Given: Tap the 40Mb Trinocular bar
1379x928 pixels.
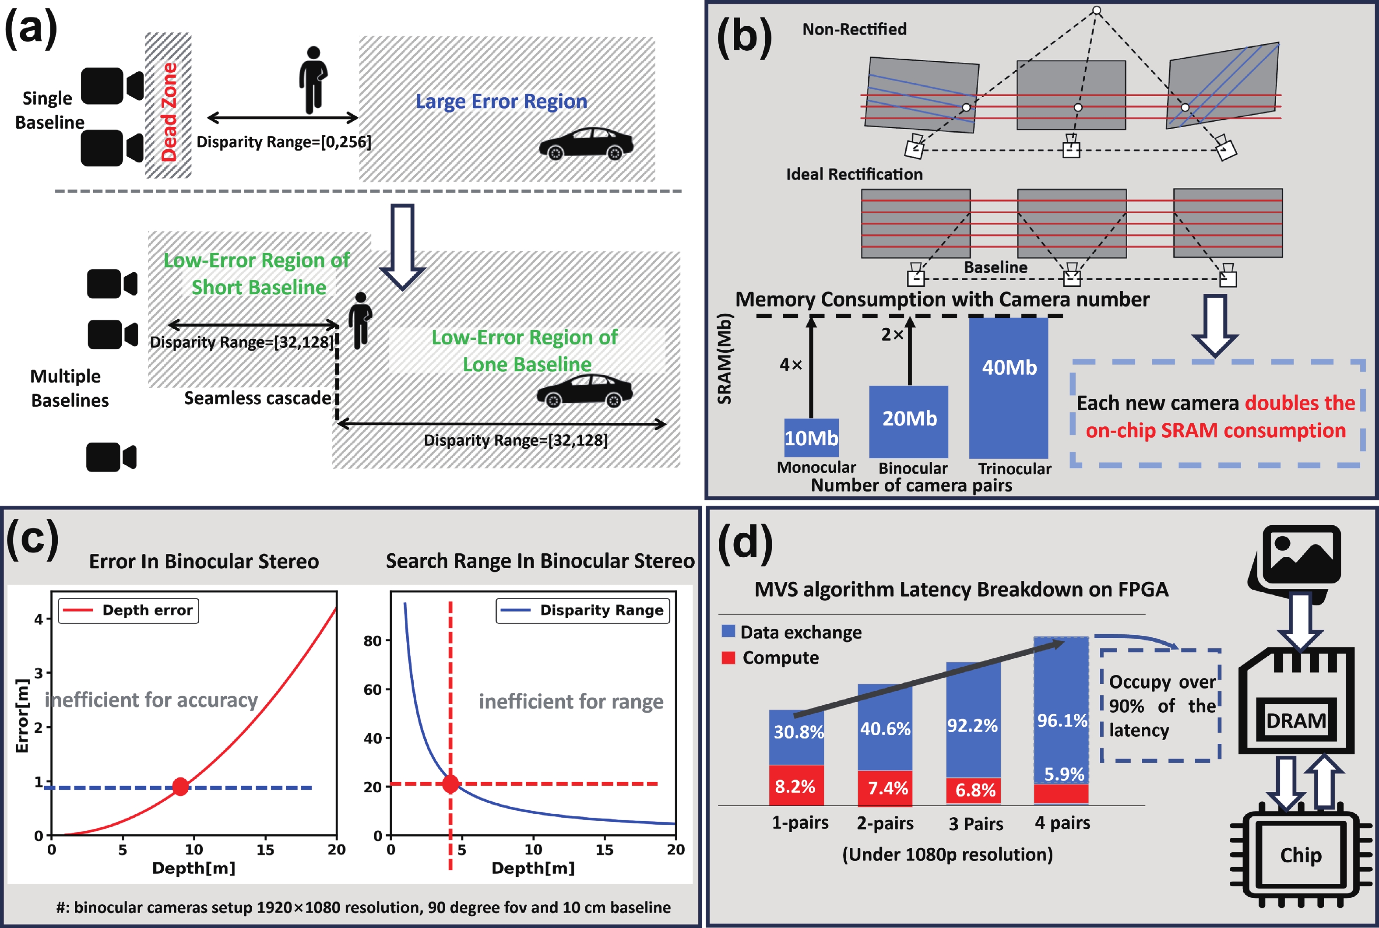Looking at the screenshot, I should [x=1009, y=388].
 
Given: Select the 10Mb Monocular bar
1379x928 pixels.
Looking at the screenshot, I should [x=811, y=438].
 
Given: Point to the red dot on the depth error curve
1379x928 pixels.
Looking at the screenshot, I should [x=180, y=787].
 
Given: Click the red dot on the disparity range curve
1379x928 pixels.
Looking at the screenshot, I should [x=450, y=784].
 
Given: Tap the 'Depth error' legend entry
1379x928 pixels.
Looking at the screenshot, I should [x=128, y=610].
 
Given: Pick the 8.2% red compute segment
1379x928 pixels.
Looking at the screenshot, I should [x=795, y=786].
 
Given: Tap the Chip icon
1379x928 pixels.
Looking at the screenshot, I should [x=1301, y=856].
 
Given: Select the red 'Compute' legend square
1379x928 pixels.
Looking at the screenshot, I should [x=728, y=657].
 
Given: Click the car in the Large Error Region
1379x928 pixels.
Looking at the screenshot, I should [x=586, y=144].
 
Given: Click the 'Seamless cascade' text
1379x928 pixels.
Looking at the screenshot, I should [x=257, y=398].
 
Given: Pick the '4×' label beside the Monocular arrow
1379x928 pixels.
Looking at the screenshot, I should [x=791, y=365].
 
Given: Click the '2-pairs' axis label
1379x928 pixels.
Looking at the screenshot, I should [x=885, y=823].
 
